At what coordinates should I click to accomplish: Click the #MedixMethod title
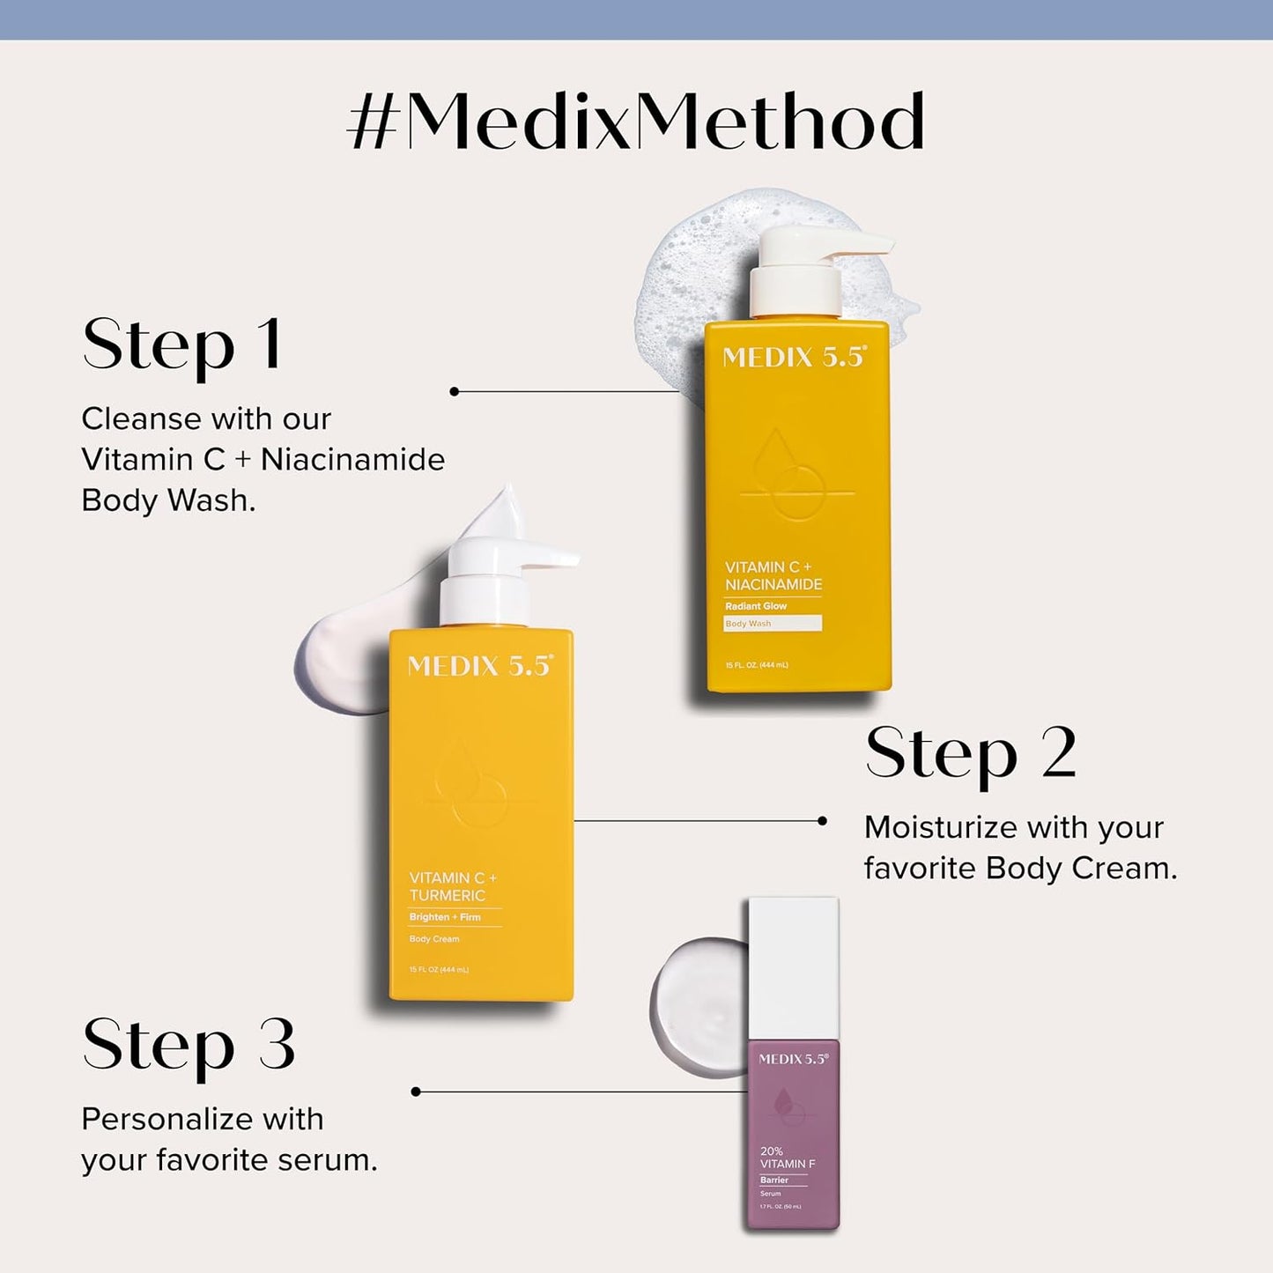636,122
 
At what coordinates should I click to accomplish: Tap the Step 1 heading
182,344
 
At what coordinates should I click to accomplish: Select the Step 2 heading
971,753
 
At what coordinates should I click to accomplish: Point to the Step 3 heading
189,1045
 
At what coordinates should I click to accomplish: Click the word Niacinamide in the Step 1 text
352,460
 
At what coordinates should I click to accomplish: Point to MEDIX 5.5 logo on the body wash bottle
795,357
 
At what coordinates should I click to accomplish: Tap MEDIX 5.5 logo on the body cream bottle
480,666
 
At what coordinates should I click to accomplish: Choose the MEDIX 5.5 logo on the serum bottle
793,1059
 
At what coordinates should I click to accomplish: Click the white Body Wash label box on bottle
773,624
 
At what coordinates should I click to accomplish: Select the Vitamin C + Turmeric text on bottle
453,886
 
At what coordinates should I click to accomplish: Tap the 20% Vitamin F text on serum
787,1158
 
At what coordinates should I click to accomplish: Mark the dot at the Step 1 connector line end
455,391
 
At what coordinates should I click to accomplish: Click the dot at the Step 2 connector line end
822,821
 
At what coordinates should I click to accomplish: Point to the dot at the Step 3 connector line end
416,1092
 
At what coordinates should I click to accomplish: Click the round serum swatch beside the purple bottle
699,1006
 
